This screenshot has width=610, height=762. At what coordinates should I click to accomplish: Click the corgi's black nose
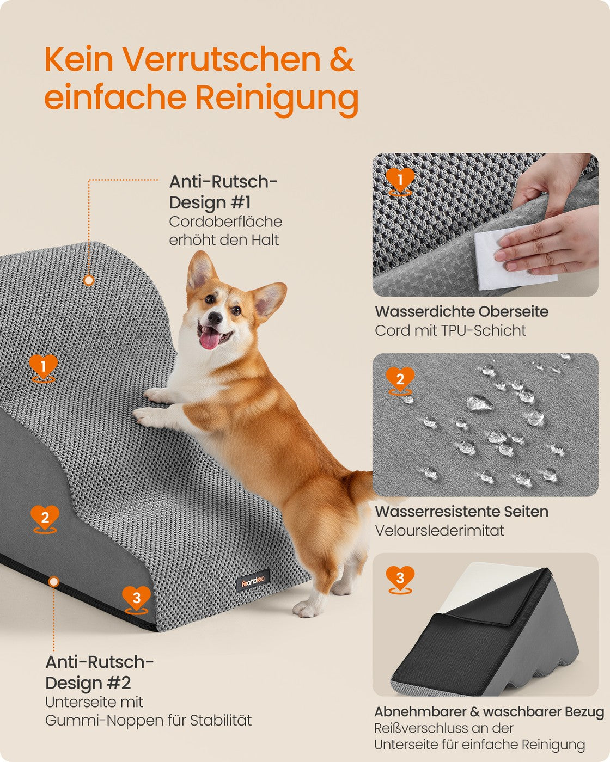pos(215,318)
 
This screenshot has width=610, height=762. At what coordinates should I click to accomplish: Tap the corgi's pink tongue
pos(210,340)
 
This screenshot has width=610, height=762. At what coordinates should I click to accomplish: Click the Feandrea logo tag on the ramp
pos(253,581)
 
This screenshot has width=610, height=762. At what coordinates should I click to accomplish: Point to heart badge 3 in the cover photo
pos(400,580)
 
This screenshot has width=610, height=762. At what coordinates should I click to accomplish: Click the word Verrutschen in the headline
pos(222,59)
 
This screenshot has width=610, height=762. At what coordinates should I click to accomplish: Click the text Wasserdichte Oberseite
pos(461,311)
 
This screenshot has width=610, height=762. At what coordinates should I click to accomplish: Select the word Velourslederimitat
pos(440,531)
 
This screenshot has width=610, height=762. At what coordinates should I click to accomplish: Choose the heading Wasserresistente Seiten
pos(461,511)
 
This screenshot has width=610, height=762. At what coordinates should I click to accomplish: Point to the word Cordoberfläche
pos(225,222)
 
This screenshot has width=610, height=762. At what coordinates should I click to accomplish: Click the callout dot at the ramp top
pos(89,280)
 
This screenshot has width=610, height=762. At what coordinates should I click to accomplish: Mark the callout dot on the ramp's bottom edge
pos(53,581)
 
